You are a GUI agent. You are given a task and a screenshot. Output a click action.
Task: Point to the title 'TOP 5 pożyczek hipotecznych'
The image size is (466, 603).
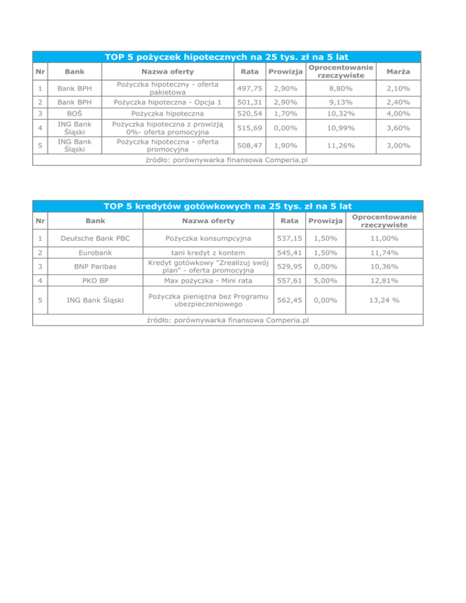click(x=227, y=56)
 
